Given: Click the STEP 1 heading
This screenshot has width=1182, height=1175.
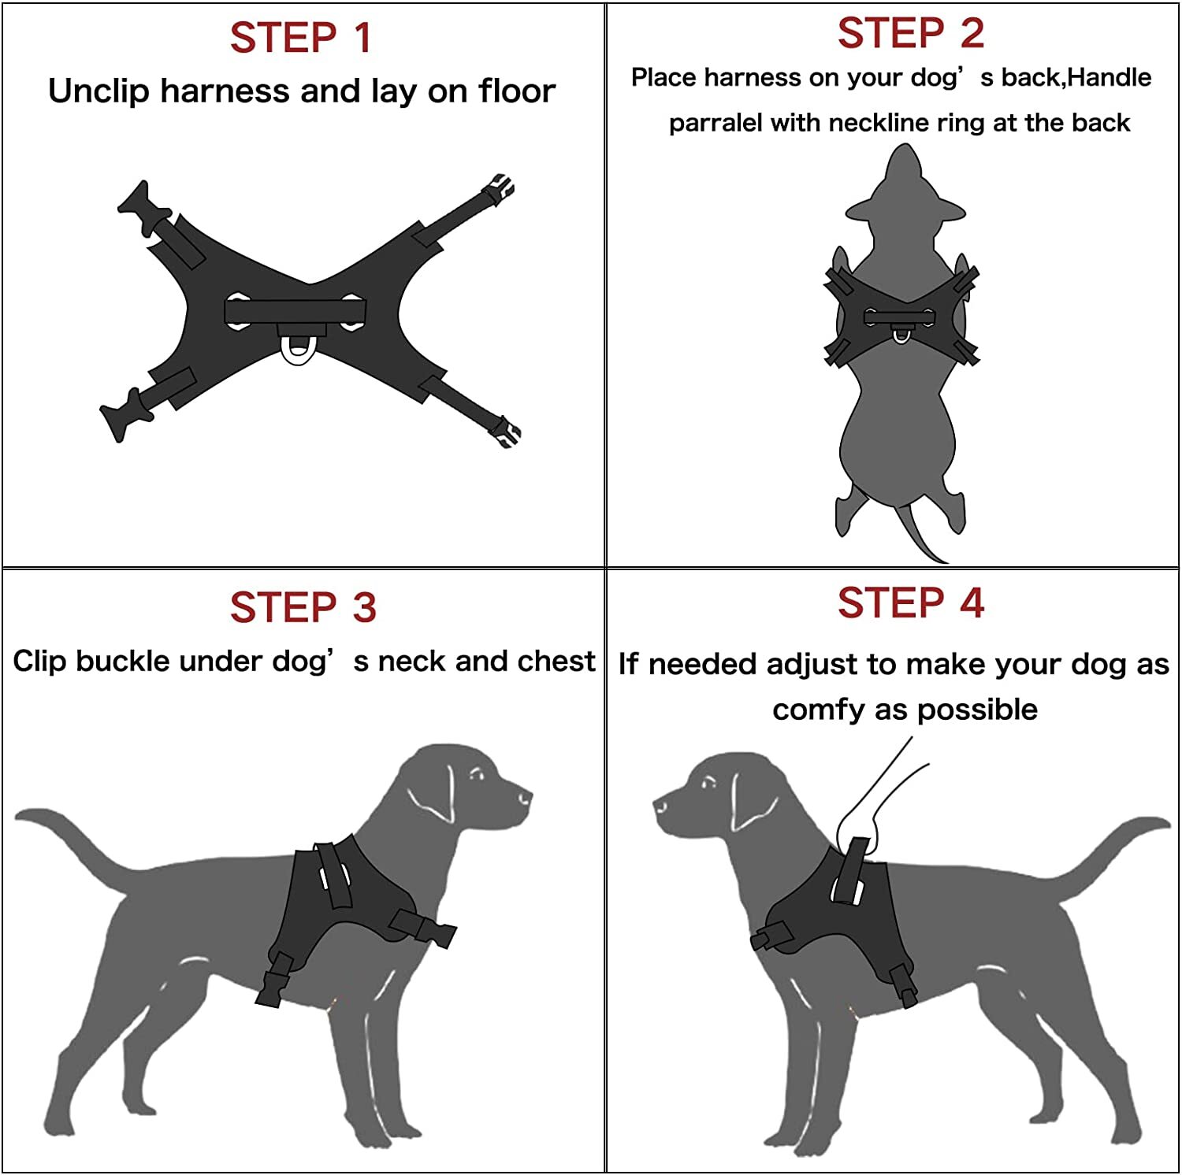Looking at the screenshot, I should pos(300,38).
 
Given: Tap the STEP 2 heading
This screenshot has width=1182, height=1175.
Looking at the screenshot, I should pos(910,33).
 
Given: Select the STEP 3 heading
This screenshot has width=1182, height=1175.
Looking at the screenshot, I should pos(303,607).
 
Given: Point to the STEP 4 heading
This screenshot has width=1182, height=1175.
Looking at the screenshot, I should pos(910,603).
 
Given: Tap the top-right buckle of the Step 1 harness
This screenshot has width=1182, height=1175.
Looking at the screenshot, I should pos(499,189).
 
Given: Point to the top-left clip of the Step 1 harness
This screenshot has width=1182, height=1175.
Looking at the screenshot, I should pos(143,206).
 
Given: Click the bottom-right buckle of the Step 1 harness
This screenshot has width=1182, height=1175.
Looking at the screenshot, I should pos(504,432).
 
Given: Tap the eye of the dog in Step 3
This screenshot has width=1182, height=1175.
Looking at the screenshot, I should pos(476,776).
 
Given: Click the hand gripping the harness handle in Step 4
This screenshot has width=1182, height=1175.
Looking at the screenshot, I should pos(859,819).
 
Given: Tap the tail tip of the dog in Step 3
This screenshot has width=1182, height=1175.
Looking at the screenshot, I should pos(24,816).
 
